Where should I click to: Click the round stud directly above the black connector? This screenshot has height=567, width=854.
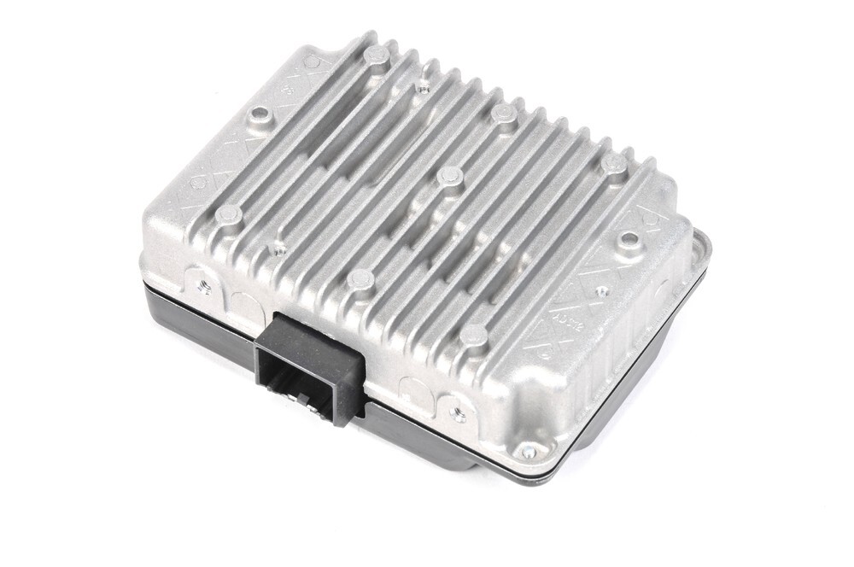click(362, 278)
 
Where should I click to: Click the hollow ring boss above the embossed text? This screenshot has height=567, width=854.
click(628, 239)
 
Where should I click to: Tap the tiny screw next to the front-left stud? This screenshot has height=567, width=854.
click(275, 248)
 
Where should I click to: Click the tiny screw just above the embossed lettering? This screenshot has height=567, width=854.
click(603, 290)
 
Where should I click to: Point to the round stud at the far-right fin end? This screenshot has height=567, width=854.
click(612, 166)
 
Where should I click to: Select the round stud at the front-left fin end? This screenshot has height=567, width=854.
click(228, 214)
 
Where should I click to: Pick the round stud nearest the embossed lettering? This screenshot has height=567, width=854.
click(474, 336)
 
